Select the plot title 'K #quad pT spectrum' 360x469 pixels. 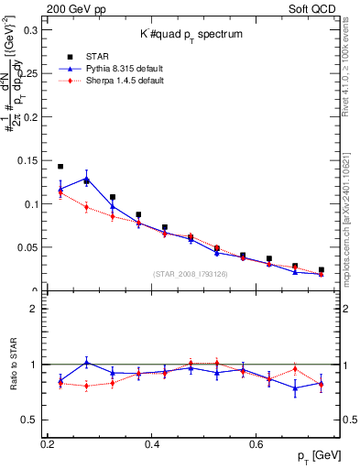coord(191,34)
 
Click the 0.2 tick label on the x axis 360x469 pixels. coord(48,444)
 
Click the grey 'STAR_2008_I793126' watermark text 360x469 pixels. coord(191,274)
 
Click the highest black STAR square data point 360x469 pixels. coord(60,167)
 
